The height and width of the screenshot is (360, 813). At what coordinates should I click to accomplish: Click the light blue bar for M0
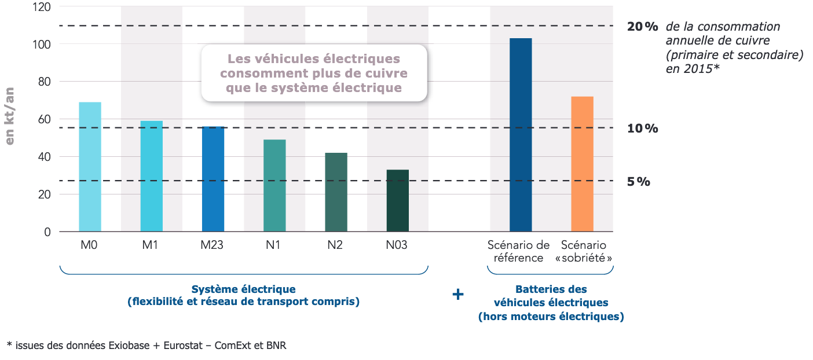coord(90,167)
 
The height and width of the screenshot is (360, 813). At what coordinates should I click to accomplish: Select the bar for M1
coord(152,177)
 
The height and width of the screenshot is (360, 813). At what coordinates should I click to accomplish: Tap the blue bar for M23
coord(213,179)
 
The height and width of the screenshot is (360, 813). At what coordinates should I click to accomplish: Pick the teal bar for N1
coord(274,186)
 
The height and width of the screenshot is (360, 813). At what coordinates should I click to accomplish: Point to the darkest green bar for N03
coord(397,201)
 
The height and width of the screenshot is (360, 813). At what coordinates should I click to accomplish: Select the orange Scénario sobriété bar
coord(582,164)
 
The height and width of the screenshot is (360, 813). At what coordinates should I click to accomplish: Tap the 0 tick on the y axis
coord(47,232)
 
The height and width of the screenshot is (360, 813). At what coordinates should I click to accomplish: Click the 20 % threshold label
coord(643,27)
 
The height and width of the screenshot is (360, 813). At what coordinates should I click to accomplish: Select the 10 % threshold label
coord(643,128)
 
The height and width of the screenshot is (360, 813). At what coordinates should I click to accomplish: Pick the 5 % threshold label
coord(639,182)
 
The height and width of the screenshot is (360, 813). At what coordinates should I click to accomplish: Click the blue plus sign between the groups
coord(457,295)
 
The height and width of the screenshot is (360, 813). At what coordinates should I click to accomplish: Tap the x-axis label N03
coord(397,245)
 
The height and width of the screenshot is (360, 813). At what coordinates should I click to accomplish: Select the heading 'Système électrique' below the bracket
coord(243,289)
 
